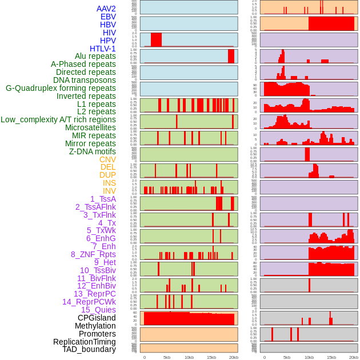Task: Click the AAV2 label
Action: (106, 9)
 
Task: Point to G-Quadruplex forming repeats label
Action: (61, 88)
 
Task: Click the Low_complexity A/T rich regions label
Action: (58, 119)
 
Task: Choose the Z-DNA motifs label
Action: (93, 151)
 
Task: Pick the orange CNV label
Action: (107, 159)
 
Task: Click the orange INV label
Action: (109, 191)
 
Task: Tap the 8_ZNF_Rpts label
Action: (93, 254)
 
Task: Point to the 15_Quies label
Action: (98, 310)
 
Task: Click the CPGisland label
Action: (97, 318)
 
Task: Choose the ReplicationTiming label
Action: (84, 342)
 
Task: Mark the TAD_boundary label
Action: (89, 349)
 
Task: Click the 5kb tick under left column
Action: (167, 357)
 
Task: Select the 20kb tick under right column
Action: (354, 357)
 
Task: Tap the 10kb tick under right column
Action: (309, 357)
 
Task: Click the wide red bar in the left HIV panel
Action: (156, 39)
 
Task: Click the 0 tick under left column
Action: (144, 357)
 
